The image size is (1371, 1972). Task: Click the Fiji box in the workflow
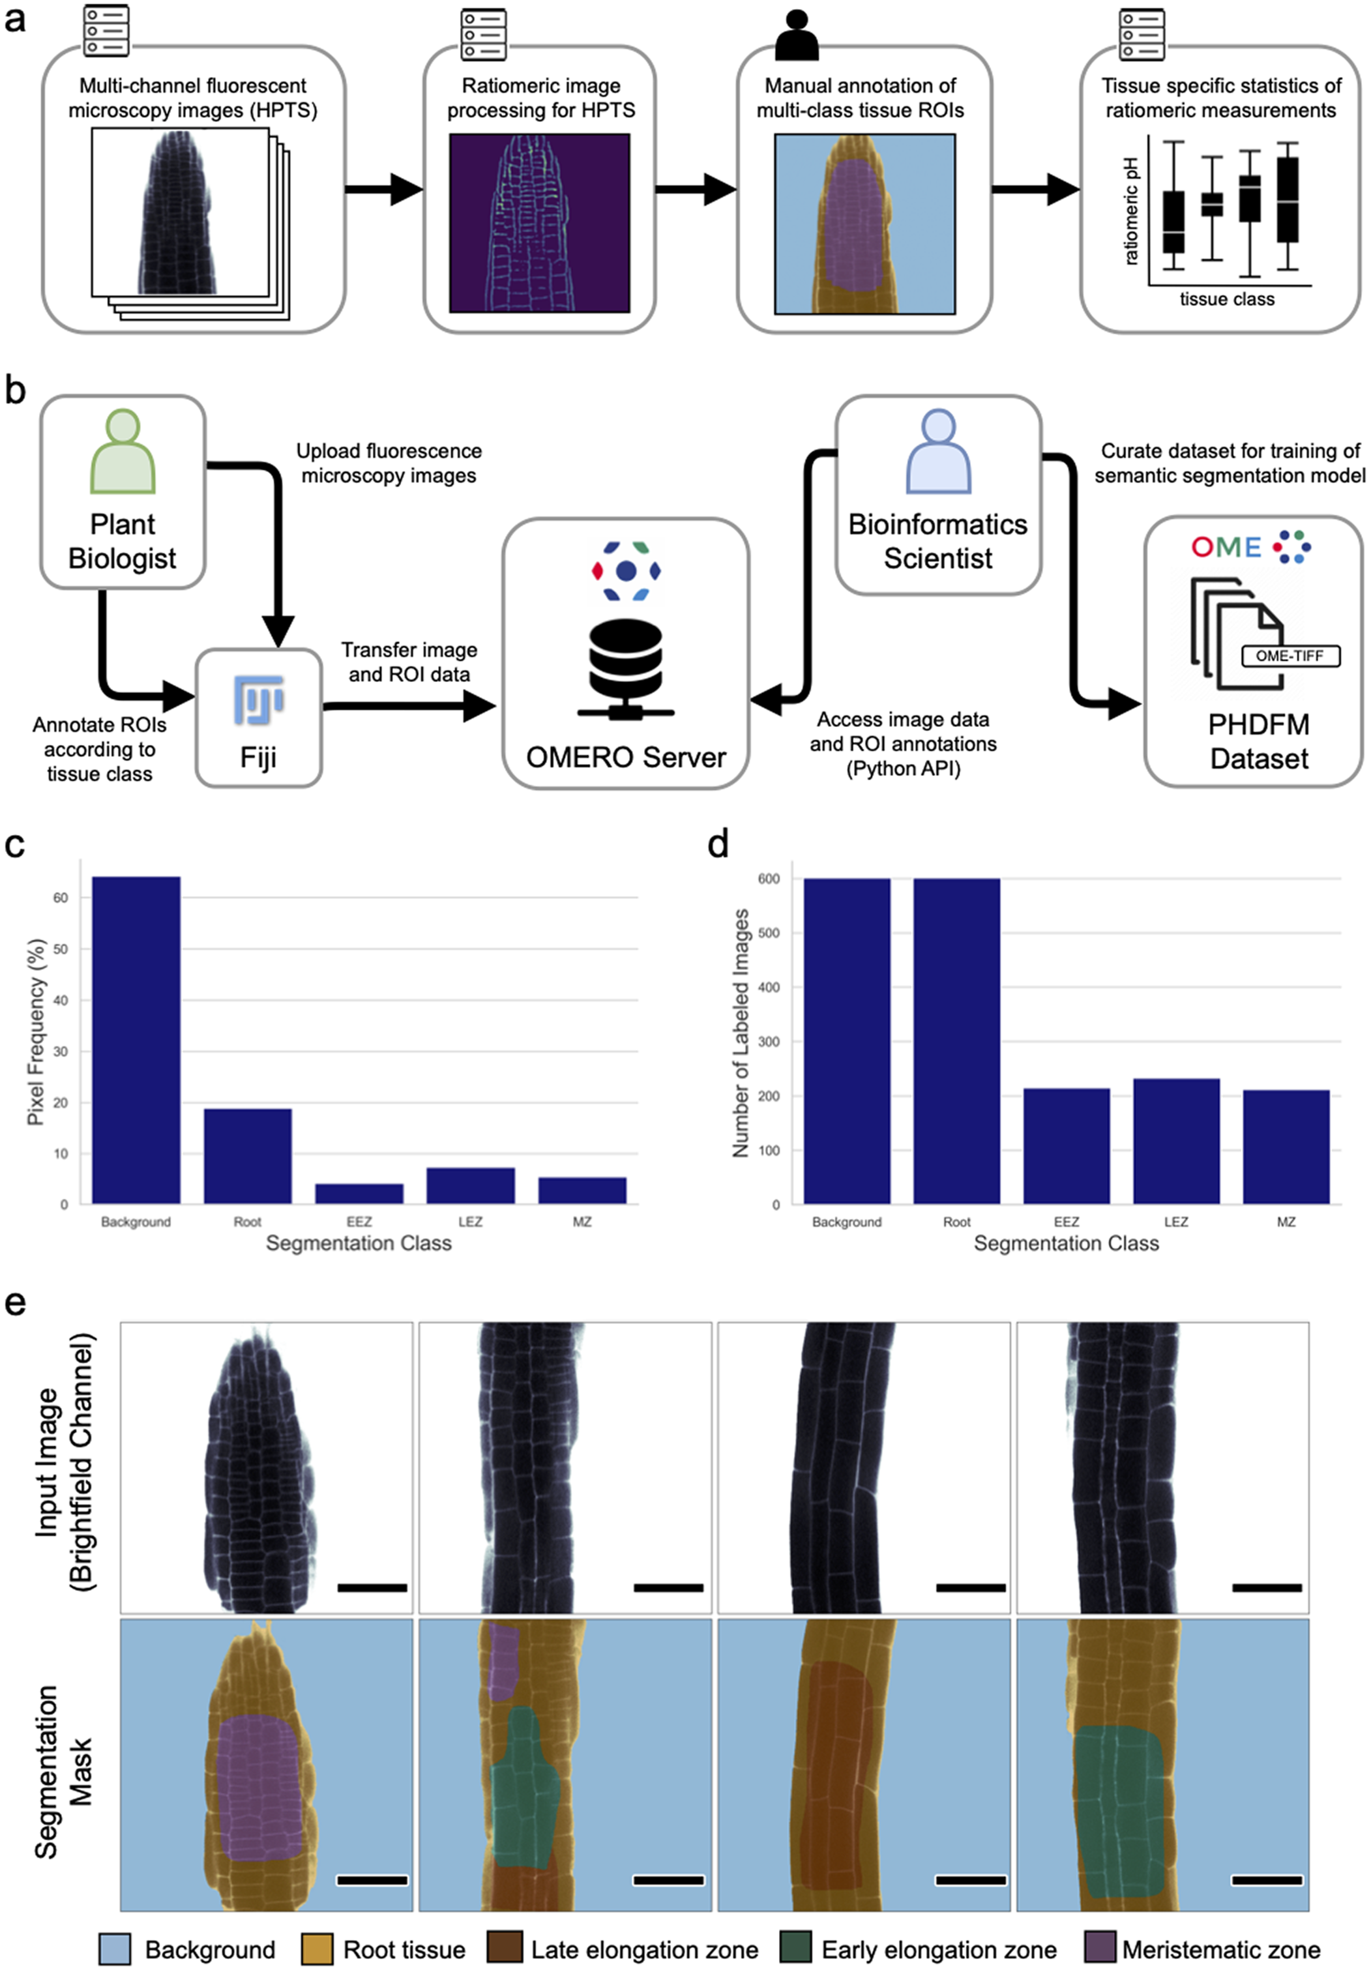[259, 717]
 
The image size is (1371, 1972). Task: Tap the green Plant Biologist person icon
[123, 452]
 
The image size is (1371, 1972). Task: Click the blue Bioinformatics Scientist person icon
[938, 452]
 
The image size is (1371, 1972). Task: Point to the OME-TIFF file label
[1290, 656]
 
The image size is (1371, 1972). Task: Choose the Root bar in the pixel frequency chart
[247, 1156]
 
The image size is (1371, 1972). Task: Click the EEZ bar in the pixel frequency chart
[359, 1194]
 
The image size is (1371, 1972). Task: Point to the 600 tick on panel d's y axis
[769, 879]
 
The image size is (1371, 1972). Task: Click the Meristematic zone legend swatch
[1100, 1948]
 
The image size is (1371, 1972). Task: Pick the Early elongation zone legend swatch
[795, 1948]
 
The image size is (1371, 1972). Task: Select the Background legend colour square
[115, 1948]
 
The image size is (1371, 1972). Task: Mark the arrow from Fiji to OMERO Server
[410, 706]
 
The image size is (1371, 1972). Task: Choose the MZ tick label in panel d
[1286, 1222]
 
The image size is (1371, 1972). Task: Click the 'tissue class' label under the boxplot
[1227, 299]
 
